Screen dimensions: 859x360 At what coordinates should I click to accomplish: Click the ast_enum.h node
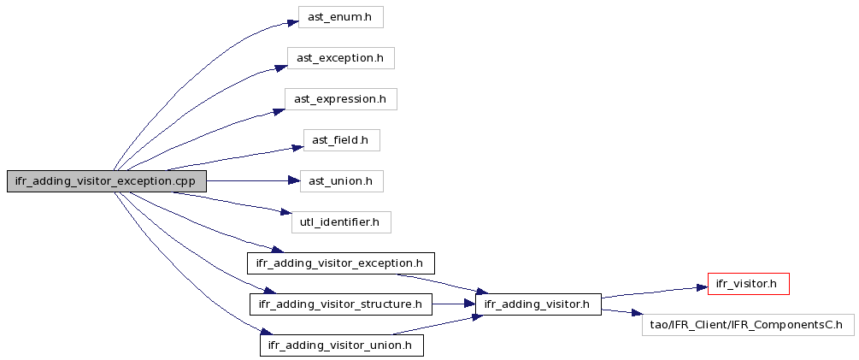point(340,17)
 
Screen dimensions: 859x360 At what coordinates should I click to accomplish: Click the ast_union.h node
point(341,181)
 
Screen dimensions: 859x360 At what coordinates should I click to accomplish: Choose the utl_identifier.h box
point(341,222)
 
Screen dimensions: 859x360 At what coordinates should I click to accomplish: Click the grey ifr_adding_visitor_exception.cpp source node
point(106,181)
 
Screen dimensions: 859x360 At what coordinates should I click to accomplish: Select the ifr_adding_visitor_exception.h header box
point(341,263)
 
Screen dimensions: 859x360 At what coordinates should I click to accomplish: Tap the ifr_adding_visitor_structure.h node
point(341,304)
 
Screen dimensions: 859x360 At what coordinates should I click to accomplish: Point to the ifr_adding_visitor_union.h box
point(341,345)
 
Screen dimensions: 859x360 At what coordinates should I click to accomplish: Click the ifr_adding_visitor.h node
point(538,304)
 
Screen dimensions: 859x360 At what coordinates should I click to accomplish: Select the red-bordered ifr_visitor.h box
point(749,284)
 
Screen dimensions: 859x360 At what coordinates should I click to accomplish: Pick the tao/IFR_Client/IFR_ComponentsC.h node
point(748,325)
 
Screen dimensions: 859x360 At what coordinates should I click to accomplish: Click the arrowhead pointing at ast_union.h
point(294,181)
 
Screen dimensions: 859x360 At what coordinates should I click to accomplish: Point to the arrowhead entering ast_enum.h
point(292,23)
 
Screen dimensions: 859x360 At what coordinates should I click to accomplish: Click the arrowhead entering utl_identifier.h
point(285,212)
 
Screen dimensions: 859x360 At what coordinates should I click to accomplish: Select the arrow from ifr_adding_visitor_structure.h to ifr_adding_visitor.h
point(454,304)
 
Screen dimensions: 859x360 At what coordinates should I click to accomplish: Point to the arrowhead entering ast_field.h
point(297,147)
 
